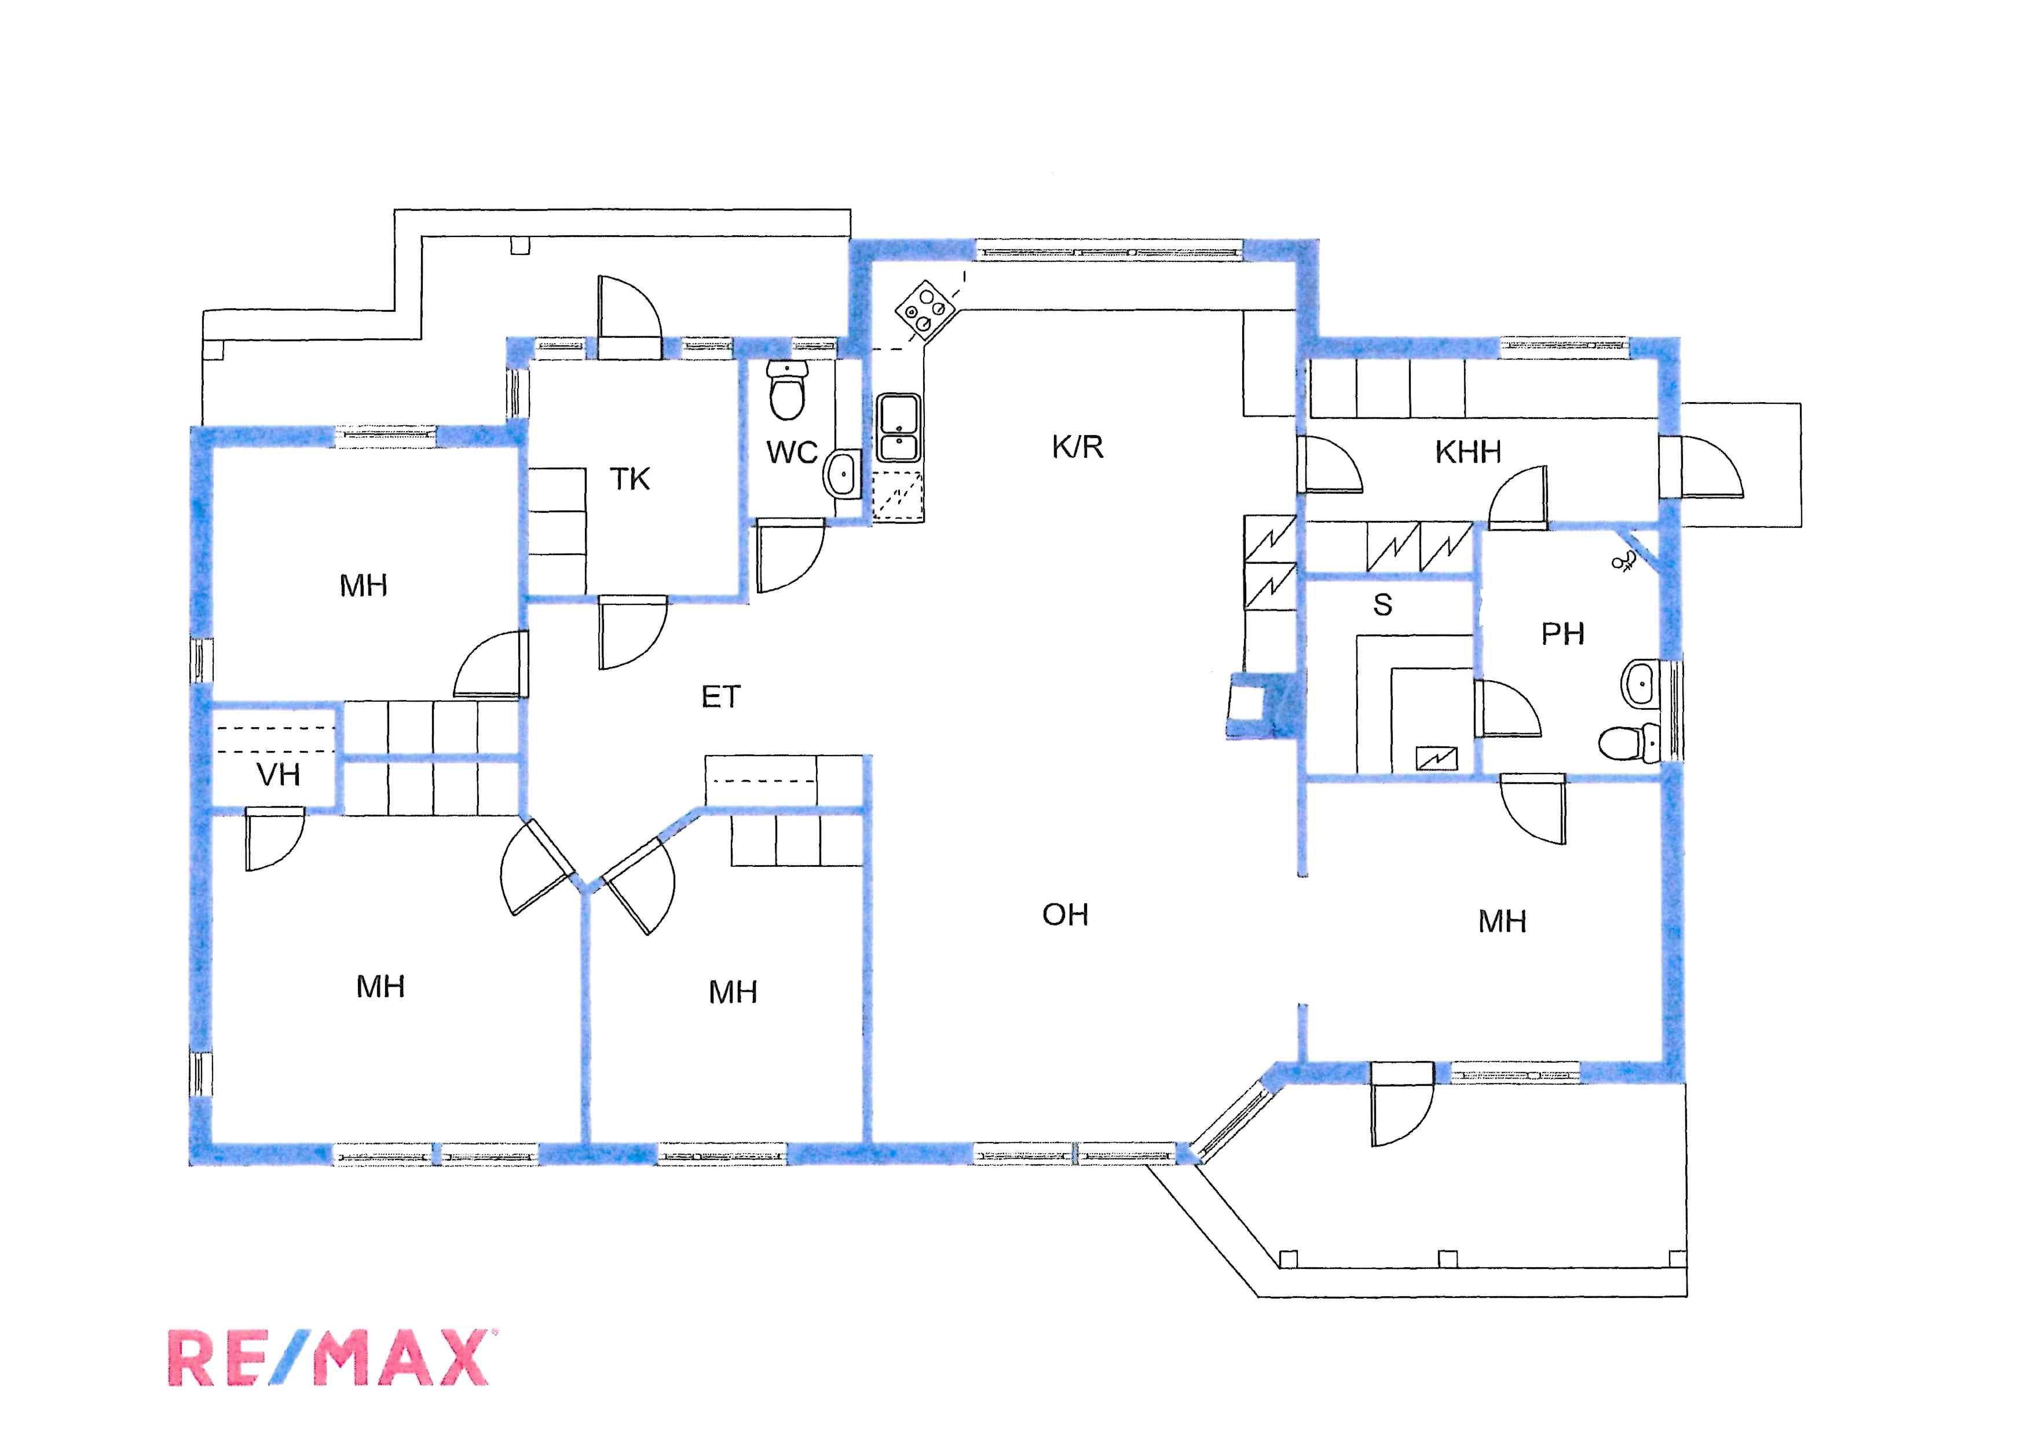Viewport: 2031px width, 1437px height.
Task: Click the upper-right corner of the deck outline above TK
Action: point(850,210)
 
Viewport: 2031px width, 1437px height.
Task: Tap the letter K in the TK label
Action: point(639,480)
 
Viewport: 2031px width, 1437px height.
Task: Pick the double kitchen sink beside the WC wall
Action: point(898,428)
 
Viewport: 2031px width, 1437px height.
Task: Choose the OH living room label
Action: point(1065,915)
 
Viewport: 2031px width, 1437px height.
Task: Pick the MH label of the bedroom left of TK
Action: point(364,586)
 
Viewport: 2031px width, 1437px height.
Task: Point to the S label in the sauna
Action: point(1382,606)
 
